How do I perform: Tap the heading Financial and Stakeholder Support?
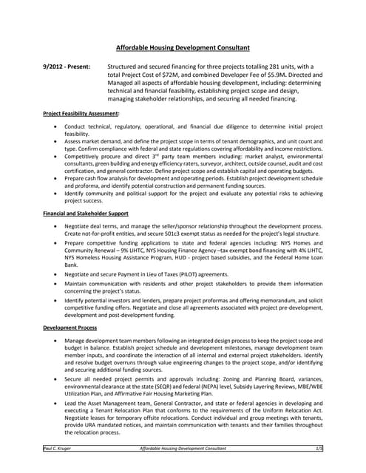coord(86,213)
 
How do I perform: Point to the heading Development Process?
coord(71,326)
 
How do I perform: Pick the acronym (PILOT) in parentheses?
coord(194,273)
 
